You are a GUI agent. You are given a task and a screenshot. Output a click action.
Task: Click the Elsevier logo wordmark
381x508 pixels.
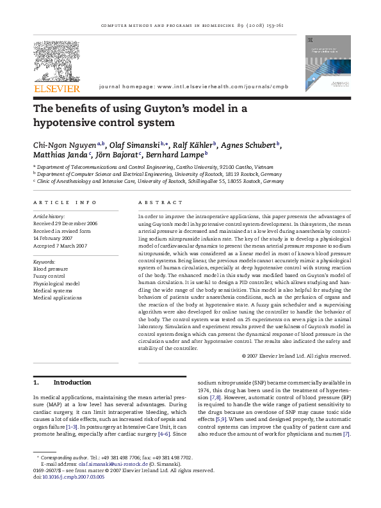pos(57,88)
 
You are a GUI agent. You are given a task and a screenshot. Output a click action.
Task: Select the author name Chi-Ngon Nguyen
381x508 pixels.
pos(70,145)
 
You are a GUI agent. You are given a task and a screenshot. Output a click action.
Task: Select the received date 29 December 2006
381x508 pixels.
pos(74,223)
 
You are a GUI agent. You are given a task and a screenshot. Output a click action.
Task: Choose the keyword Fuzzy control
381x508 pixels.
pos(49,276)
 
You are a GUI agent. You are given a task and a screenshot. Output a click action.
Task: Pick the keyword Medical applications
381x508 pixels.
pos(58,298)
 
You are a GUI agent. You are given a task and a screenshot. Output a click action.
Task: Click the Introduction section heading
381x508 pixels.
pos(72,383)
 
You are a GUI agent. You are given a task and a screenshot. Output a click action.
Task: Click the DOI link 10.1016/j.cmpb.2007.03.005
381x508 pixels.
pos(72,477)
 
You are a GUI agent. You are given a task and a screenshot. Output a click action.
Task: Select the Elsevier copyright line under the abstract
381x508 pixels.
pos(296,356)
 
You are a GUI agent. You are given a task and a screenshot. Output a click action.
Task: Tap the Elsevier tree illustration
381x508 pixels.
pos(57,60)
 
